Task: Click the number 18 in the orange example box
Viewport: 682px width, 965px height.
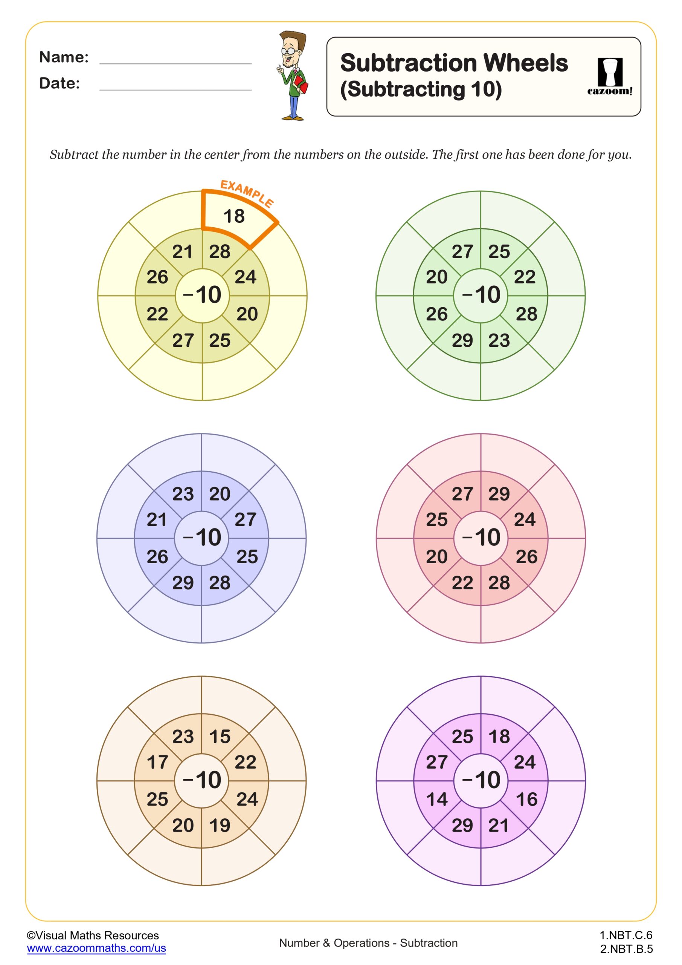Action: [233, 216]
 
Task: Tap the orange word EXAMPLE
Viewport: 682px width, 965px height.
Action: [247, 193]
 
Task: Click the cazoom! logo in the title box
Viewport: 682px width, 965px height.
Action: [609, 77]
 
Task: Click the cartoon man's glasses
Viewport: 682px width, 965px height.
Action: [289, 51]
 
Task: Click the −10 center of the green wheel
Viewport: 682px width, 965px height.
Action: [481, 295]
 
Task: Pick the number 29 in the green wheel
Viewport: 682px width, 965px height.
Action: [462, 340]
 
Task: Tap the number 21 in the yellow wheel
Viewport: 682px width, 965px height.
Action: [183, 252]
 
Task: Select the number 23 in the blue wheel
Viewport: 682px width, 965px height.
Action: [183, 494]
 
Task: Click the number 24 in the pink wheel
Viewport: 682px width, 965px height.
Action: [525, 519]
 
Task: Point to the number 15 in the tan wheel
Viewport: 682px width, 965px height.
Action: [220, 736]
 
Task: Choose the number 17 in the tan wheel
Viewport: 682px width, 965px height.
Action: [157, 762]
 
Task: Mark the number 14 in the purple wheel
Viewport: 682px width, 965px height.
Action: [437, 799]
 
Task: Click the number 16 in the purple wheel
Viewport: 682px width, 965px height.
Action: [526, 799]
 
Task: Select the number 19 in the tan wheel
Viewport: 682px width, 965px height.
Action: [220, 825]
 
